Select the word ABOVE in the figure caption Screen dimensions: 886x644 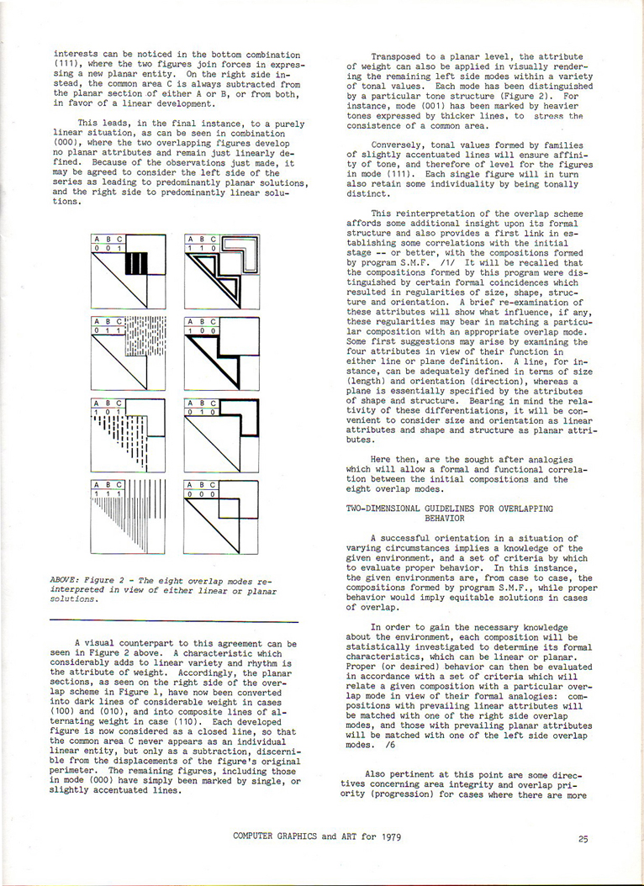pos(65,579)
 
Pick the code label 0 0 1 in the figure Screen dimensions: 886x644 pos(108,249)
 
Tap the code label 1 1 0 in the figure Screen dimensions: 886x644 pos(202,249)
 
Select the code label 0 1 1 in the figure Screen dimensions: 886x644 pos(108,330)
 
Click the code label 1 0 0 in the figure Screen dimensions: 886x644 pos(202,330)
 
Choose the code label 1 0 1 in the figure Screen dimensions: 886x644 pos(108,412)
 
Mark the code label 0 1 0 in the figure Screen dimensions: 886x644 pos(202,412)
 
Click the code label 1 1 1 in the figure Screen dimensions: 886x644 pos(108,493)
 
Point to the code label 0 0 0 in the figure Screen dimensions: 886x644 pos(202,493)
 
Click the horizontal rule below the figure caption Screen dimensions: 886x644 pos(174,620)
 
